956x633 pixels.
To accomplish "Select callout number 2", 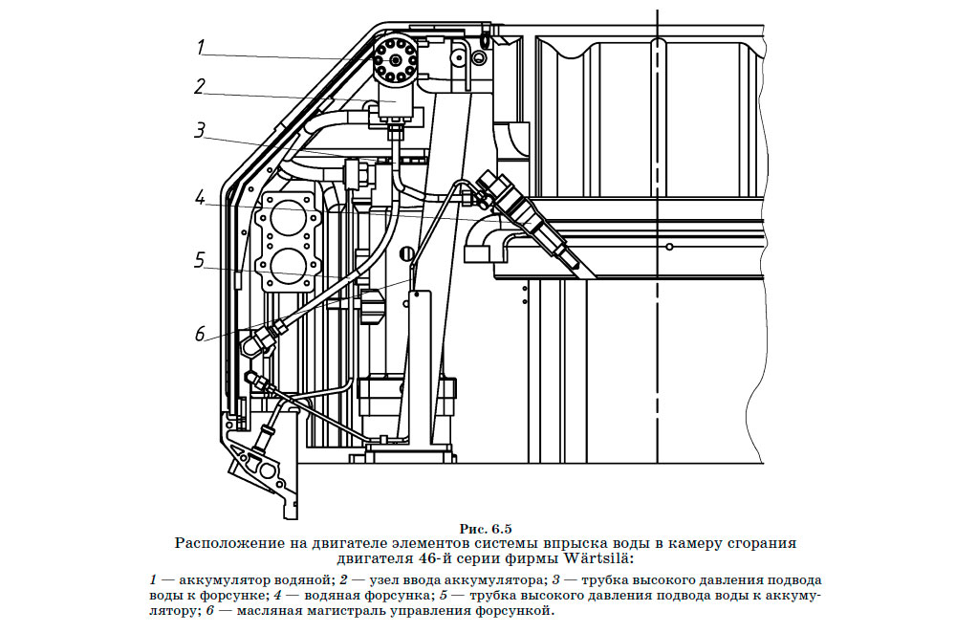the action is [200, 87].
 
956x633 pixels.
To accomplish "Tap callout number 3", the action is [200, 130].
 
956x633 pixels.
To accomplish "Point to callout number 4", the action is [200, 199].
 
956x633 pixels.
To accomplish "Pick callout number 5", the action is [200, 260].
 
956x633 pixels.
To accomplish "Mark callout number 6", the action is [200, 334].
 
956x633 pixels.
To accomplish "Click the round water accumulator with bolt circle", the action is [395, 59].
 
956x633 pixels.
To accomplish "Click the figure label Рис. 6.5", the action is [486, 529].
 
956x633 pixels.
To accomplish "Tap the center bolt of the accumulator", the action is [395, 60].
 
